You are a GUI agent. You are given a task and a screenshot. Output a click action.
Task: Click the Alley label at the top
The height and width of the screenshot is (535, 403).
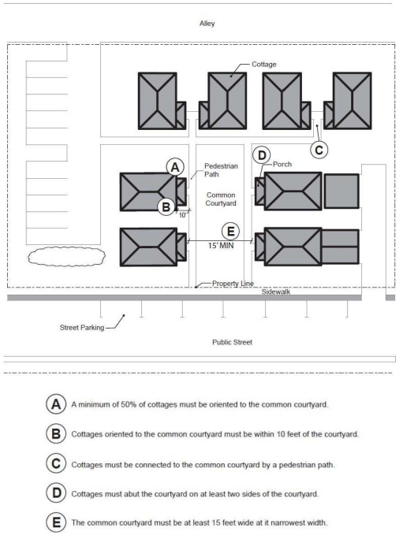click(x=207, y=24)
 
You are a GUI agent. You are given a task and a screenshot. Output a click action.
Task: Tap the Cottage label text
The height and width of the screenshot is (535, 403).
click(x=263, y=64)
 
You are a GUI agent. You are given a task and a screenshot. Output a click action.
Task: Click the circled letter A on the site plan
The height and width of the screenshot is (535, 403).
click(x=175, y=167)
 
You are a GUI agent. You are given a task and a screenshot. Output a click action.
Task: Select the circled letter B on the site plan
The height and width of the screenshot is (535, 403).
click(x=166, y=207)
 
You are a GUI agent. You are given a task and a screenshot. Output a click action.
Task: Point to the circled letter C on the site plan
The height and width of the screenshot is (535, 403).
click(x=319, y=150)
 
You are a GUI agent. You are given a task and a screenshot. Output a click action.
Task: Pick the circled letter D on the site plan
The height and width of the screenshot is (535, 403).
click(x=262, y=155)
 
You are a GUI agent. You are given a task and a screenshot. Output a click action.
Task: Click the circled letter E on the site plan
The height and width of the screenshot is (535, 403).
click(x=230, y=232)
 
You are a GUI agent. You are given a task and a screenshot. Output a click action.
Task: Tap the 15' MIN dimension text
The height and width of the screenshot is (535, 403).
click(x=221, y=245)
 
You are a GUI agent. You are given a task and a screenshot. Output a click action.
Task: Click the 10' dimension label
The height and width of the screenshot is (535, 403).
click(x=182, y=215)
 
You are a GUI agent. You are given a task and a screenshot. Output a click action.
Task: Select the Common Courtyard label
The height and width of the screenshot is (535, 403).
click(x=221, y=199)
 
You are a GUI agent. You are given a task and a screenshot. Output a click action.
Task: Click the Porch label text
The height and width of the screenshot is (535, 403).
click(x=282, y=164)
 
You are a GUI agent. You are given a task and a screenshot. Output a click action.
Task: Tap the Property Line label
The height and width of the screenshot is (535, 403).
click(x=233, y=284)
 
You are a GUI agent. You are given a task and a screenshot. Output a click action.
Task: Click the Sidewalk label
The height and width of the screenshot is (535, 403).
click(x=275, y=292)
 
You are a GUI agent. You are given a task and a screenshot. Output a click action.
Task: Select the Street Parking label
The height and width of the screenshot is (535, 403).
click(x=82, y=328)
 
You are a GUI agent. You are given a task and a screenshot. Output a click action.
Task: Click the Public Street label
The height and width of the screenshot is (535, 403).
click(x=232, y=342)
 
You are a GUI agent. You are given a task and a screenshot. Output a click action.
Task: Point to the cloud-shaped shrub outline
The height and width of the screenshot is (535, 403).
click(x=66, y=247)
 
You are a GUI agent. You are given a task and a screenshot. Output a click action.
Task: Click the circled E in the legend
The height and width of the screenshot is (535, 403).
click(x=56, y=522)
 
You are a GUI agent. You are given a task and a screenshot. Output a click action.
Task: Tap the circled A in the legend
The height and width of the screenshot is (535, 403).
click(x=56, y=404)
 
